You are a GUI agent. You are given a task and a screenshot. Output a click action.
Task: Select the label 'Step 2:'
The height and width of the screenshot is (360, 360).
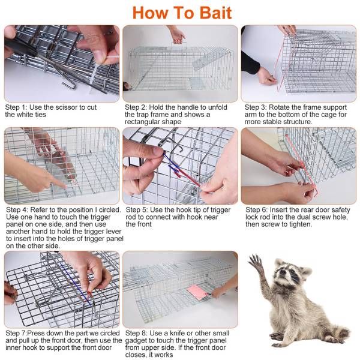[x=137, y=107]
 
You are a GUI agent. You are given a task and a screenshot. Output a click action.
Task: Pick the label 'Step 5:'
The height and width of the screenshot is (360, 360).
[x=137, y=210]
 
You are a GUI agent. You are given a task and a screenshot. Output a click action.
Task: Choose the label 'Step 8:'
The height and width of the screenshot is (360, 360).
[x=137, y=333]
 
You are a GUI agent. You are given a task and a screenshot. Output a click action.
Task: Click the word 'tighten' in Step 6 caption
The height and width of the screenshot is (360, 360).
[x=298, y=224]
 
